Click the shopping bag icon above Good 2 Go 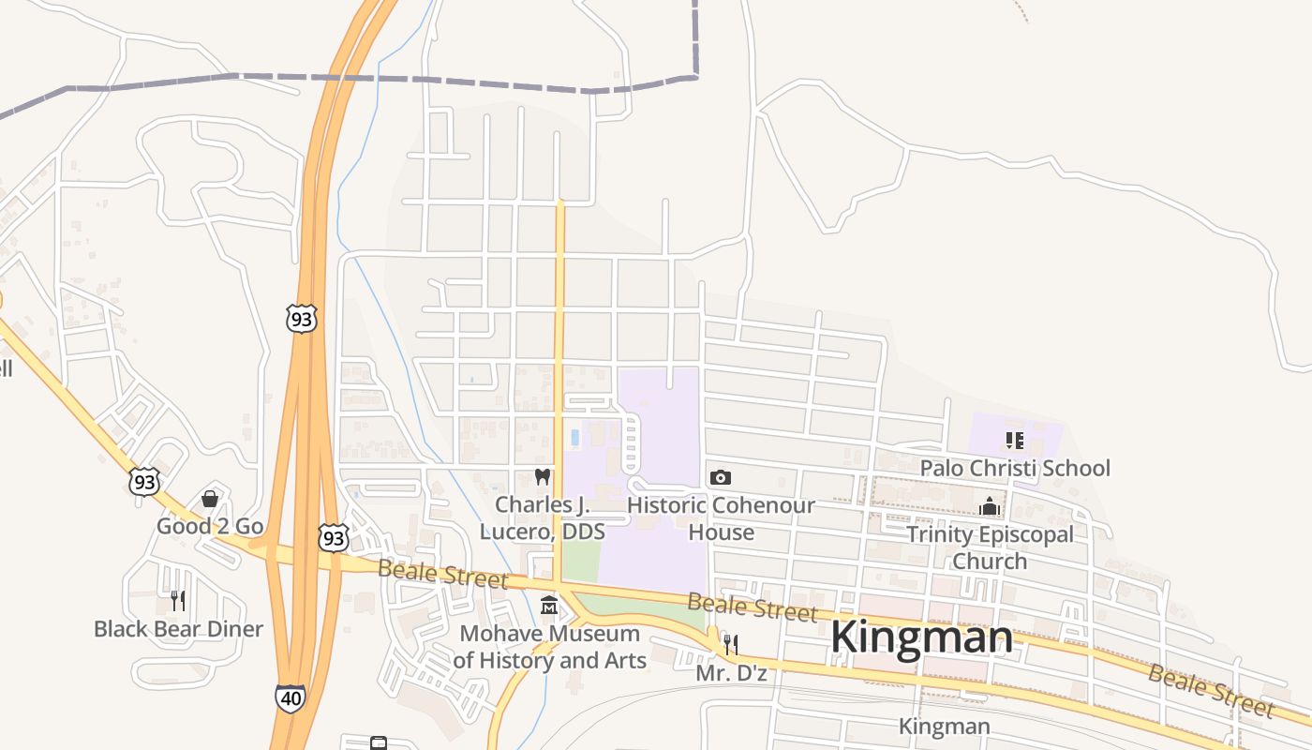[210, 498]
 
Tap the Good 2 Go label [210, 526]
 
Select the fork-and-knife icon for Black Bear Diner [178, 600]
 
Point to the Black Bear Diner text [178, 628]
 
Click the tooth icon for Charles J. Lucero [541, 476]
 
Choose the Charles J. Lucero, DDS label [542, 517]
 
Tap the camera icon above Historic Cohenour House [720, 477]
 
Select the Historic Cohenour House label [721, 517]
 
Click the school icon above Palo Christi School [1014, 440]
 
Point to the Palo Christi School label [1015, 468]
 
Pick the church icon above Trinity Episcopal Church [990, 506]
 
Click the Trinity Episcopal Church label [990, 547]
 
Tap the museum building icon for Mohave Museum [549, 606]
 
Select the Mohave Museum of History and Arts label [550, 647]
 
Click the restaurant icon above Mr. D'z [731, 644]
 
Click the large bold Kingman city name [921, 637]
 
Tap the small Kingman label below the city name [944, 727]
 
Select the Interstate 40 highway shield [290, 698]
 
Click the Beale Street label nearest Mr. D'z [753, 607]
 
